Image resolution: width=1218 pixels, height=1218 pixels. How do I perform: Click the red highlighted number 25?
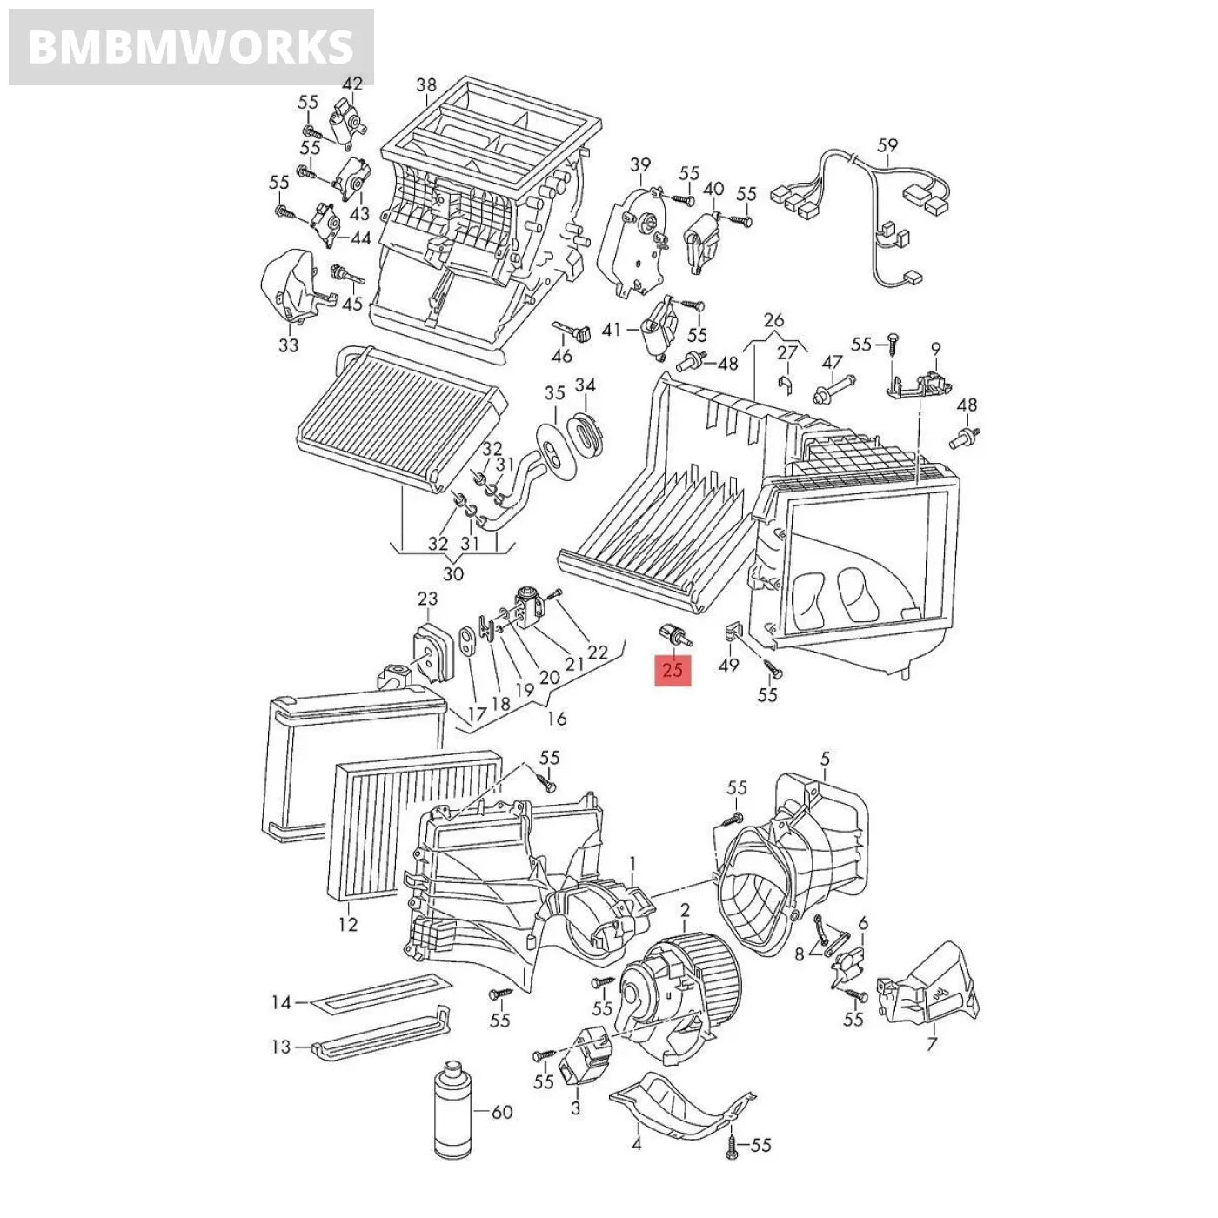(x=673, y=669)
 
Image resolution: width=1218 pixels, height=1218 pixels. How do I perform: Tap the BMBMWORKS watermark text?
(x=191, y=46)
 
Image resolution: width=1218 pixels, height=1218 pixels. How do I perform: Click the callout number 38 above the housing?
(x=426, y=85)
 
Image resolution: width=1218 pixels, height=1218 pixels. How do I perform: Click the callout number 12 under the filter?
(x=347, y=924)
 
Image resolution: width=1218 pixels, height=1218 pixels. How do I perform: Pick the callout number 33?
(x=288, y=345)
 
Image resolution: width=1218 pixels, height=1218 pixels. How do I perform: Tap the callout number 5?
(x=825, y=759)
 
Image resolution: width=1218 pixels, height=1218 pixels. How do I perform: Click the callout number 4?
(x=636, y=1143)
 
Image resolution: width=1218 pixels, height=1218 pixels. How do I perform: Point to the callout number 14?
(x=280, y=1003)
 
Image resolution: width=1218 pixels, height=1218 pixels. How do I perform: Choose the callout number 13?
(x=280, y=1047)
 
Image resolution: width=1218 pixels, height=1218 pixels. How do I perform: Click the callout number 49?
(x=728, y=665)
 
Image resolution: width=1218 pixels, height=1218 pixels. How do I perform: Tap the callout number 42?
(x=351, y=84)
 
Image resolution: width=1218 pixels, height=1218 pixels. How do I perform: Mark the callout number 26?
(x=773, y=319)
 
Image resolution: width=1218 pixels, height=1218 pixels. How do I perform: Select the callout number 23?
(x=427, y=599)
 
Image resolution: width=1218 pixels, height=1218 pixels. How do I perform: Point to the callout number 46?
(x=562, y=356)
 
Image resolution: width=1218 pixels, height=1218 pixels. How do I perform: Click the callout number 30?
(x=453, y=574)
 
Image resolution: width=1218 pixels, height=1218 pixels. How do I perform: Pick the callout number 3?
(x=575, y=1108)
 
